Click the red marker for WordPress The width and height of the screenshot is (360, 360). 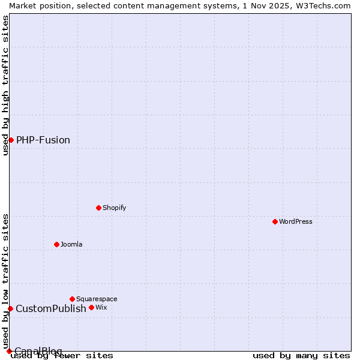tap(275, 221)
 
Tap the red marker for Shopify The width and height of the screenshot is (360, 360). tap(98, 208)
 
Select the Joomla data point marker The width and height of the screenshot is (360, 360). tap(56, 244)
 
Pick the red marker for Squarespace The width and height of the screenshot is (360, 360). tap(72, 299)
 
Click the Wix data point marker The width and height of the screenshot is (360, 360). tap(91, 307)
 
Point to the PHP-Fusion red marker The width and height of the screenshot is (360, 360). tap(11, 140)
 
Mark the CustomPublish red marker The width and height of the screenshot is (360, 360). tap(10, 308)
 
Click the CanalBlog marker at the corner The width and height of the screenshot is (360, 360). tap(9, 351)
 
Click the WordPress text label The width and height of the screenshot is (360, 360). tap(296, 221)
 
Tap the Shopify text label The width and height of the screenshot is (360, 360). tap(115, 208)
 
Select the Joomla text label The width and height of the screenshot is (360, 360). tap(71, 244)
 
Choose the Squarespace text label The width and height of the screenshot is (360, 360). tap(97, 299)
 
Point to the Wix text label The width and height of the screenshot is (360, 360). tap(101, 307)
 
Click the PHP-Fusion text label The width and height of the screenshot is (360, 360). tap(43, 140)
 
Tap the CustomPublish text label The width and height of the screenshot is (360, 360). tap(51, 308)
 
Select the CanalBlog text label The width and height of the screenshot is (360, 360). tap(38, 350)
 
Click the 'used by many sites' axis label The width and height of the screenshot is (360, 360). tap(301, 356)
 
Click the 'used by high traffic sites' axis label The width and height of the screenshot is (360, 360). tap(5, 85)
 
